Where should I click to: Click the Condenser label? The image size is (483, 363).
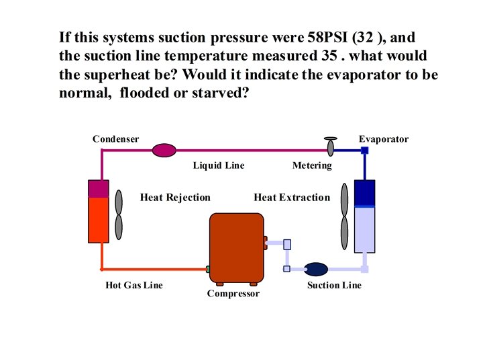(x=116, y=139)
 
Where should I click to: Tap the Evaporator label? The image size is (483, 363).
(x=383, y=139)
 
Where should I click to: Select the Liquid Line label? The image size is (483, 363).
(x=219, y=165)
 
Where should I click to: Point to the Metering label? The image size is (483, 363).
(x=312, y=165)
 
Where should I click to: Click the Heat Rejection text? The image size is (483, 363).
(x=175, y=198)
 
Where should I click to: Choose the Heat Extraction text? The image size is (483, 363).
(x=292, y=198)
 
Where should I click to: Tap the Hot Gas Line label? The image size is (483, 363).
(x=134, y=285)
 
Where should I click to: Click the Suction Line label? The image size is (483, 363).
(x=334, y=285)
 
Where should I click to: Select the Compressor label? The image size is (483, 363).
(x=233, y=294)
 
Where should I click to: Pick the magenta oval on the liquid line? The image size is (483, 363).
(x=164, y=150)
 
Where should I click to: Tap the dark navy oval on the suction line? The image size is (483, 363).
(x=315, y=270)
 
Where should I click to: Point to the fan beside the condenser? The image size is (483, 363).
(x=119, y=214)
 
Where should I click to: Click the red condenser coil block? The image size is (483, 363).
(x=99, y=219)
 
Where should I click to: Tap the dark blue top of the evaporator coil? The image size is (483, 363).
(x=364, y=193)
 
